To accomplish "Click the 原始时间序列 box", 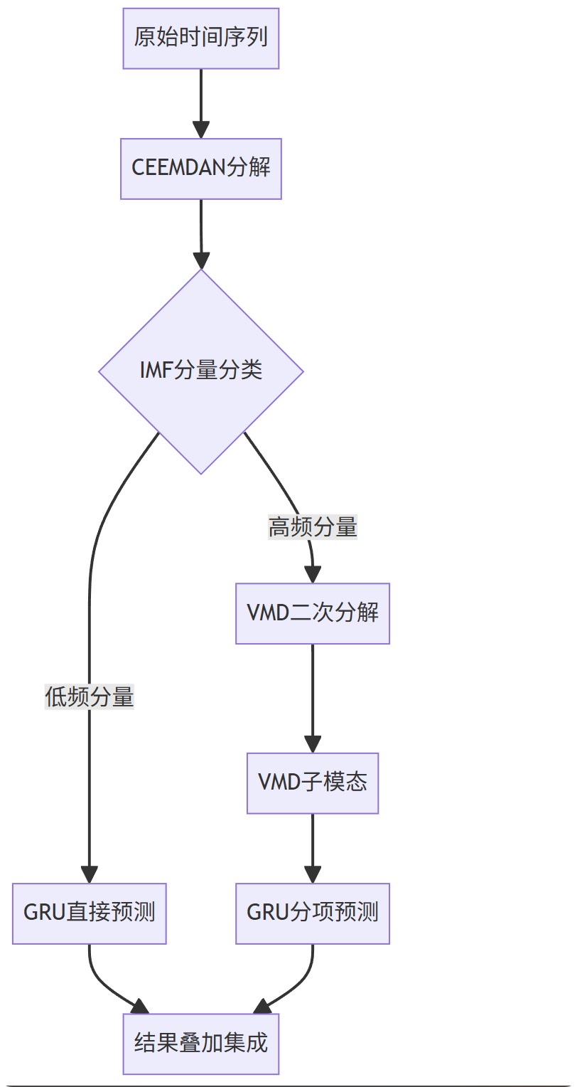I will (201, 38).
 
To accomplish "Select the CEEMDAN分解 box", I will (201, 169).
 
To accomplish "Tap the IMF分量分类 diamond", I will (201, 371).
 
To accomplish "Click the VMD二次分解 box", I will (313, 613).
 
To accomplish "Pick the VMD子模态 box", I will (313, 783).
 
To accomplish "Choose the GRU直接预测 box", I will (90, 913).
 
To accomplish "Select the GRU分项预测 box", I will (313, 913).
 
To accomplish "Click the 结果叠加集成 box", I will (201, 1044).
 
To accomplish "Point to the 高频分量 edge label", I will (313, 527).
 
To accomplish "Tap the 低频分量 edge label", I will (90, 697).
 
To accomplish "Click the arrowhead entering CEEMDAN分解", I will (201, 130).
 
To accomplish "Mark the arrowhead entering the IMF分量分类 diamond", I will (201, 260).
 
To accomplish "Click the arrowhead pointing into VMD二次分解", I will (313, 575).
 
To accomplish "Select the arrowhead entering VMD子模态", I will (313, 744).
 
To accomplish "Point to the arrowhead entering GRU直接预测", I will (90, 874).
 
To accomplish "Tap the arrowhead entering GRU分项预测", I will (313, 874).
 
